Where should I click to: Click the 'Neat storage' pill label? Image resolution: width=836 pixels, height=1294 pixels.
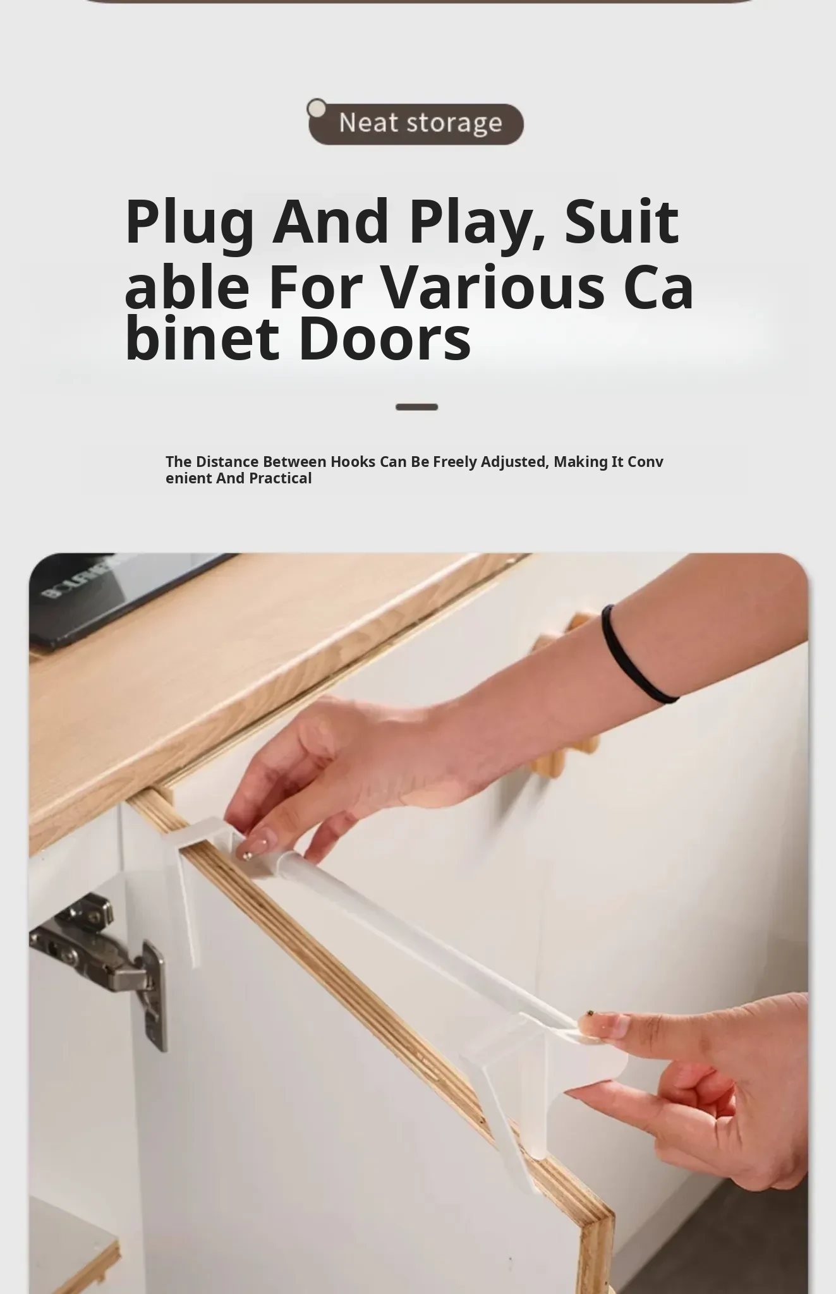[416, 124]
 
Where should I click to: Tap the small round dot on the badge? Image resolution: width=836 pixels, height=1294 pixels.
[317, 109]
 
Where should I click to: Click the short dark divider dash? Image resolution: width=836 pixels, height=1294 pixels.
[417, 407]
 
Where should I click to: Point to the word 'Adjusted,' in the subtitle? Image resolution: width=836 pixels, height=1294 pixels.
[515, 463]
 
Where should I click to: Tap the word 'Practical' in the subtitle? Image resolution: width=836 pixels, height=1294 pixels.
[281, 478]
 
